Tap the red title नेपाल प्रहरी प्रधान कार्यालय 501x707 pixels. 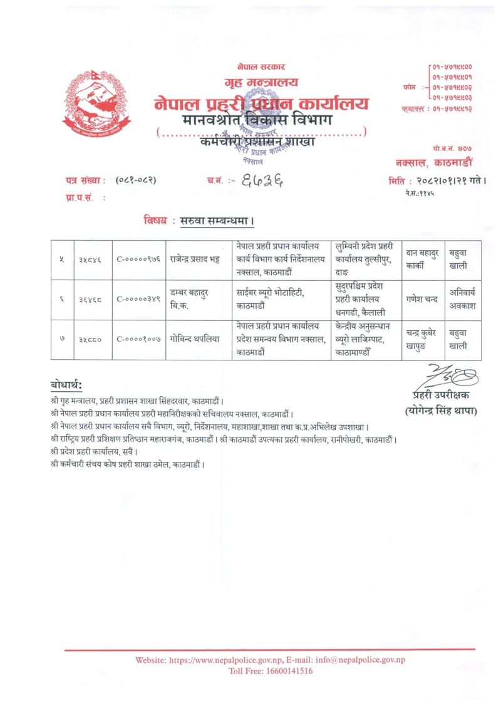(x=262, y=103)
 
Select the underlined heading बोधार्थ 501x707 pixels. (x=66, y=384)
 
